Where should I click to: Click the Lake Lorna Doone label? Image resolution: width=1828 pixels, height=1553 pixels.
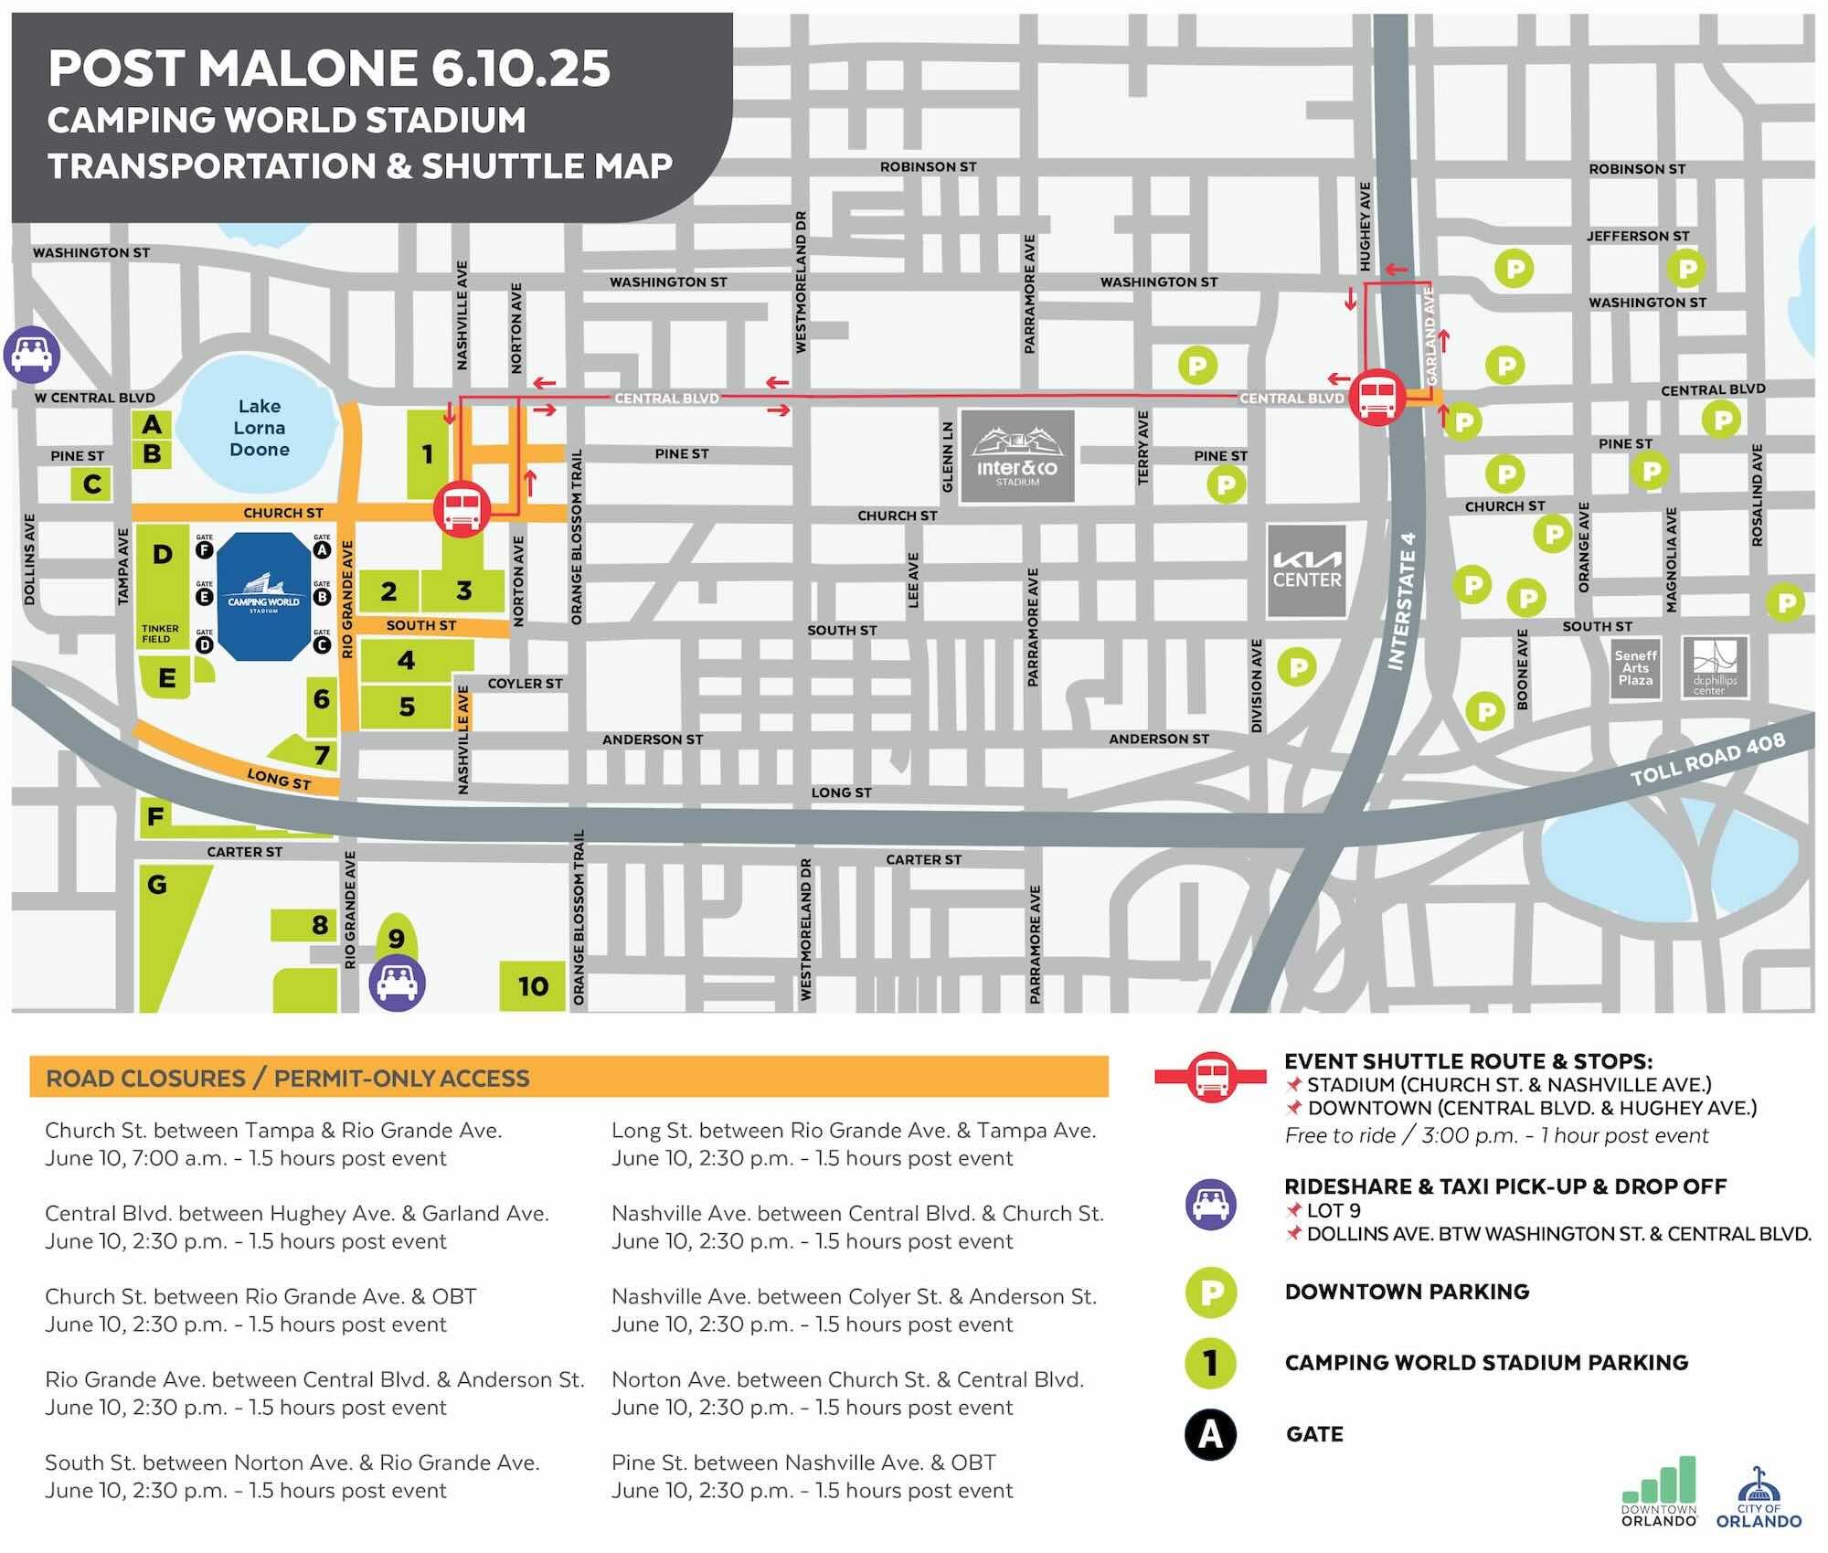(260, 428)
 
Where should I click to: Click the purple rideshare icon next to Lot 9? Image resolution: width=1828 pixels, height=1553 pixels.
(397, 984)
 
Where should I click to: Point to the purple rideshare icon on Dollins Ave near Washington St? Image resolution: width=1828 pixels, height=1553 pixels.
(32, 355)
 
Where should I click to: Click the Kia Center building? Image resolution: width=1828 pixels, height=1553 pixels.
(1307, 570)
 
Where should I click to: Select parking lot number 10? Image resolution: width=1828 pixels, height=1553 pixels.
(533, 986)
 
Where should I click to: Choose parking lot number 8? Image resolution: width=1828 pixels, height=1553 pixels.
(319, 925)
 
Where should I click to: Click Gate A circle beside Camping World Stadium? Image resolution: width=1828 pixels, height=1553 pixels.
(321, 549)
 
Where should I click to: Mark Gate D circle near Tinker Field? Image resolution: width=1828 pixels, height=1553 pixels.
(205, 644)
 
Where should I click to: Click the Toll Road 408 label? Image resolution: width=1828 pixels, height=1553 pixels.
(1707, 759)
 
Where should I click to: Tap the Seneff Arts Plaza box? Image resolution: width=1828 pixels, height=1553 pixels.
(1635, 668)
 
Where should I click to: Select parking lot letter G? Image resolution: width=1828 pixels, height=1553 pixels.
(157, 885)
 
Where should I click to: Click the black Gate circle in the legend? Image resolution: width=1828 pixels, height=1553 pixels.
(1210, 1434)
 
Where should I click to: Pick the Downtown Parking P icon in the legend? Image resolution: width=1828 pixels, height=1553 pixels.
(1210, 1292)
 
